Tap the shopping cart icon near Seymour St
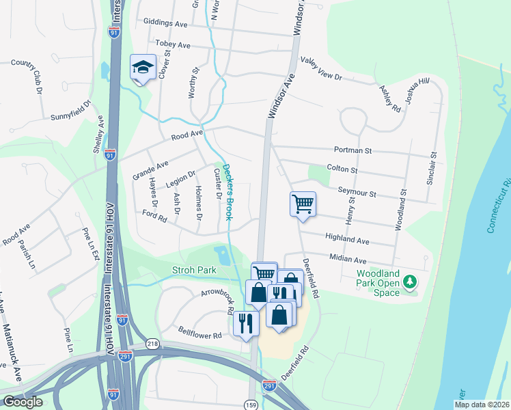[303, 204]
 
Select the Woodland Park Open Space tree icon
[410, 282]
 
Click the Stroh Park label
[194, 270]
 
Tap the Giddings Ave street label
[165, 23]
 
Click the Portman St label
[353, 150]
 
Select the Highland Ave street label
[348, 240]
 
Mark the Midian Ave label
[348, 260]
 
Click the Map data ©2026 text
[482, 405]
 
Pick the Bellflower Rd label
[199, 336]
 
